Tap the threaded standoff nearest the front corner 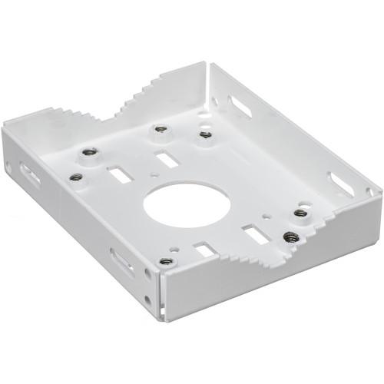[x=164, y=262]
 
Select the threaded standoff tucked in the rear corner [x=205, y=134]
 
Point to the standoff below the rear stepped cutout [x=160, y=129]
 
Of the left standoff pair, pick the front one [x=75, y=177]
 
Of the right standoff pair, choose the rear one [x=300, y=213]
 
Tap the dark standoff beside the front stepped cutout [x=290, y=237]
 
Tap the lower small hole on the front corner [x=148, y=299]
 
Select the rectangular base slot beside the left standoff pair [x=118, y=175]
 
